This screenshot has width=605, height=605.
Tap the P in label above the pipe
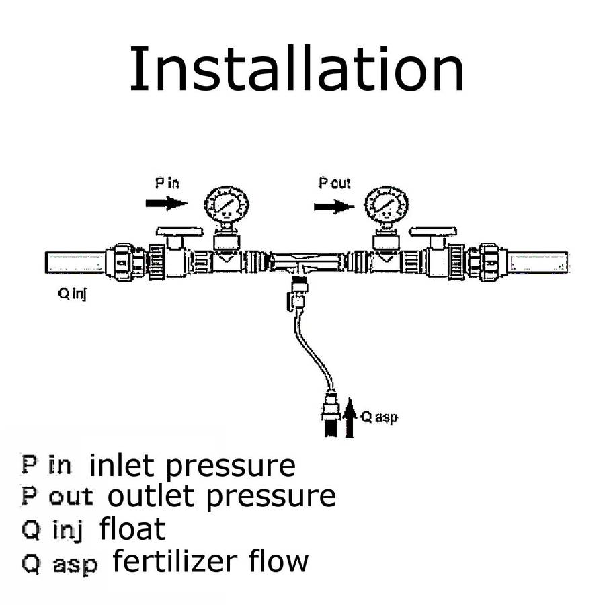click(167, 184)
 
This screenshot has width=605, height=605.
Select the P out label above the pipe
click(334, 184)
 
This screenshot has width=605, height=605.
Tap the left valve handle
click(179, 232)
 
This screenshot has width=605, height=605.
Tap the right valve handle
click(434, 232)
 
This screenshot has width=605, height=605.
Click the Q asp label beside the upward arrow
click(379, 417)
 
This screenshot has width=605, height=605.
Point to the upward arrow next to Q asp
click(349, 417)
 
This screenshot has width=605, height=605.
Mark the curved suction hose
click(310, 350)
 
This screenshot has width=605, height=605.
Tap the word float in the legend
click(132, 528)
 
